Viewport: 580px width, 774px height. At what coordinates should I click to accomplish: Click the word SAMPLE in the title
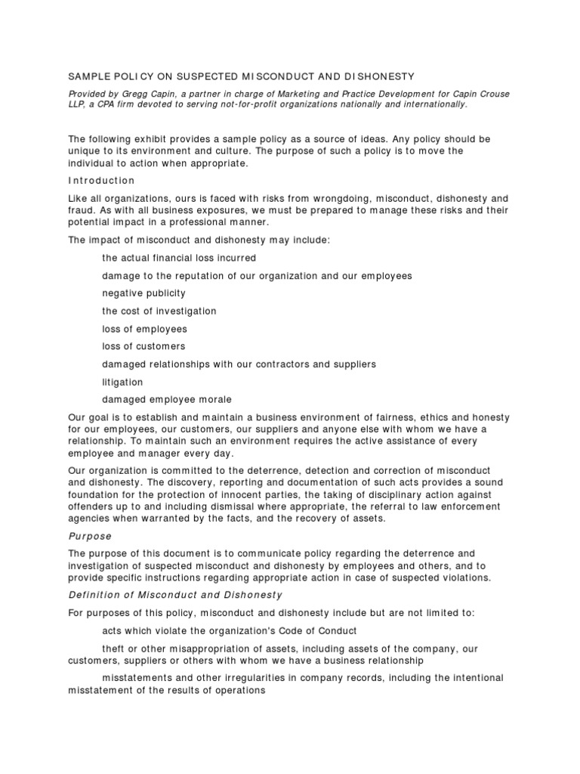click(89, 76)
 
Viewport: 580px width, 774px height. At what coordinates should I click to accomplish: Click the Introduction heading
click(101, 181)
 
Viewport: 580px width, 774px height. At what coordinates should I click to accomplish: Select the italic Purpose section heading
click(90, 537)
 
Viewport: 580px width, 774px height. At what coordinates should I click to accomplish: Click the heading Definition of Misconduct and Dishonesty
click(175, 595)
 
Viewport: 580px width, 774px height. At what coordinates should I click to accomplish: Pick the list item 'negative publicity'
click(143, 293)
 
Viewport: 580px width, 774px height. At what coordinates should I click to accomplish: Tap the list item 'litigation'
click(122, 382)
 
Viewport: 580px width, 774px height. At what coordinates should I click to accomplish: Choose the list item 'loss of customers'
click(143, 346)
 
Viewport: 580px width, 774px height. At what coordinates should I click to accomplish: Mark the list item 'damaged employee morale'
click(167, 400)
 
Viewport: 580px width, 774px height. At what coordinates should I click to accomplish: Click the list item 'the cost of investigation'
click(159, 311)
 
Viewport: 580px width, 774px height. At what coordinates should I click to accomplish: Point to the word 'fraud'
click(80, 210)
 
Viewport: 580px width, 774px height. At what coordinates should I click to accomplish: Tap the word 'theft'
click(114, 649)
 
